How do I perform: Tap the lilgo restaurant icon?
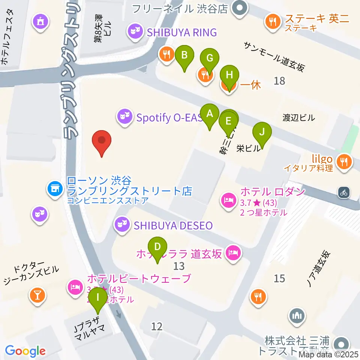[343, 162]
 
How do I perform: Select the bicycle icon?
[343, 193]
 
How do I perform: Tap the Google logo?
[25, 351]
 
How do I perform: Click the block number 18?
[279, 80]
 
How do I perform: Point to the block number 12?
[157, 327]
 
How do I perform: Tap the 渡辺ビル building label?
[298, 118]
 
